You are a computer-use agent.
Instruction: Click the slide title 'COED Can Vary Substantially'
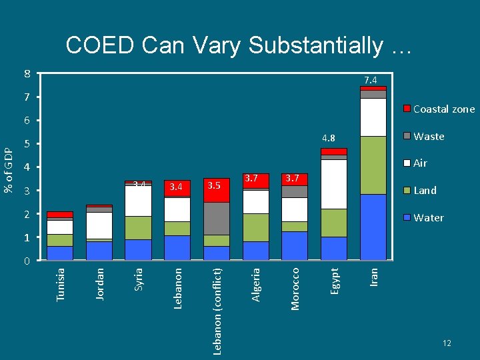[x=239, y=45]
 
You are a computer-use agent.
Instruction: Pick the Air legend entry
[x=420, y=163]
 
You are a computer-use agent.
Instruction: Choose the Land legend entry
[x=425, y=191]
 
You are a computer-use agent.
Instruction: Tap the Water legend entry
[x=428, y=218]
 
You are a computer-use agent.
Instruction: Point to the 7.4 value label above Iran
[x=371, y=80]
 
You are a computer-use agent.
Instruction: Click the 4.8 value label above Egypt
[x=328, y=139]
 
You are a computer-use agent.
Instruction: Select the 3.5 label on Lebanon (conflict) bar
[x=213, y=185]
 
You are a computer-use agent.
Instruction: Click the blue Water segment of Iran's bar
[x=373, y=227]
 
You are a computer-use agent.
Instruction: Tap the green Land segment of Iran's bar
[x=373, y=165]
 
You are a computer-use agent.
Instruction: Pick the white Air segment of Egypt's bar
[x=334, y=184]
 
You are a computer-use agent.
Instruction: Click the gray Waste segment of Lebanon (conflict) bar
[x=217, y=218]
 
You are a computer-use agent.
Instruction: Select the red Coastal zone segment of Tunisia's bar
[x=60, y=215]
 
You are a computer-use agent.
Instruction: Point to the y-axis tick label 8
[x=27, y=73]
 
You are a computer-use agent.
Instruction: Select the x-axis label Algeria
[x=256, y=284]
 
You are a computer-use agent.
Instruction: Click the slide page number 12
[x=447, y=343]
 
